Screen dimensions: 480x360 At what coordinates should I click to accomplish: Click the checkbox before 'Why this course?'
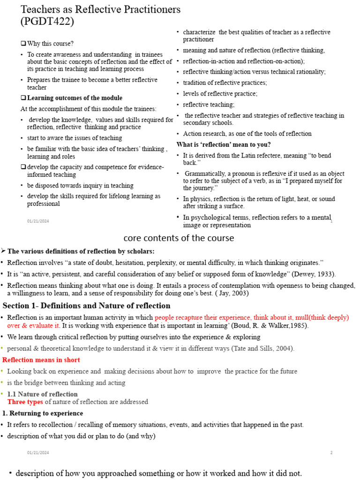(x=23, y=44)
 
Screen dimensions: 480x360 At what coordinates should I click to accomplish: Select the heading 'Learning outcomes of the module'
(x=75, y=98)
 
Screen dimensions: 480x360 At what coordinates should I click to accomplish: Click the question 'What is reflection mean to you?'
(x=224, y=144)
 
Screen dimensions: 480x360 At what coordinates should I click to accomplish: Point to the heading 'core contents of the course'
(x=179, y=238)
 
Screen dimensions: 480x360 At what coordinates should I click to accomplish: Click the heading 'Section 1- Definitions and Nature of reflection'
(x=87, y=306)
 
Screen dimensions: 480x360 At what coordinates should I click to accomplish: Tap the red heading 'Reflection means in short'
(x=41, y=360)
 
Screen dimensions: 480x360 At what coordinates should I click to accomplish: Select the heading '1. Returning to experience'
(x=43, y=413)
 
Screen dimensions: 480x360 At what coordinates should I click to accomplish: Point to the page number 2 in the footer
(x=331, y=453)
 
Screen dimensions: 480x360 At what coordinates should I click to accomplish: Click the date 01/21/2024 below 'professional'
(x=38, y=221)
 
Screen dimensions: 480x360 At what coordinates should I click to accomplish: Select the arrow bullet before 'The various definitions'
(x=4, y=251)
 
